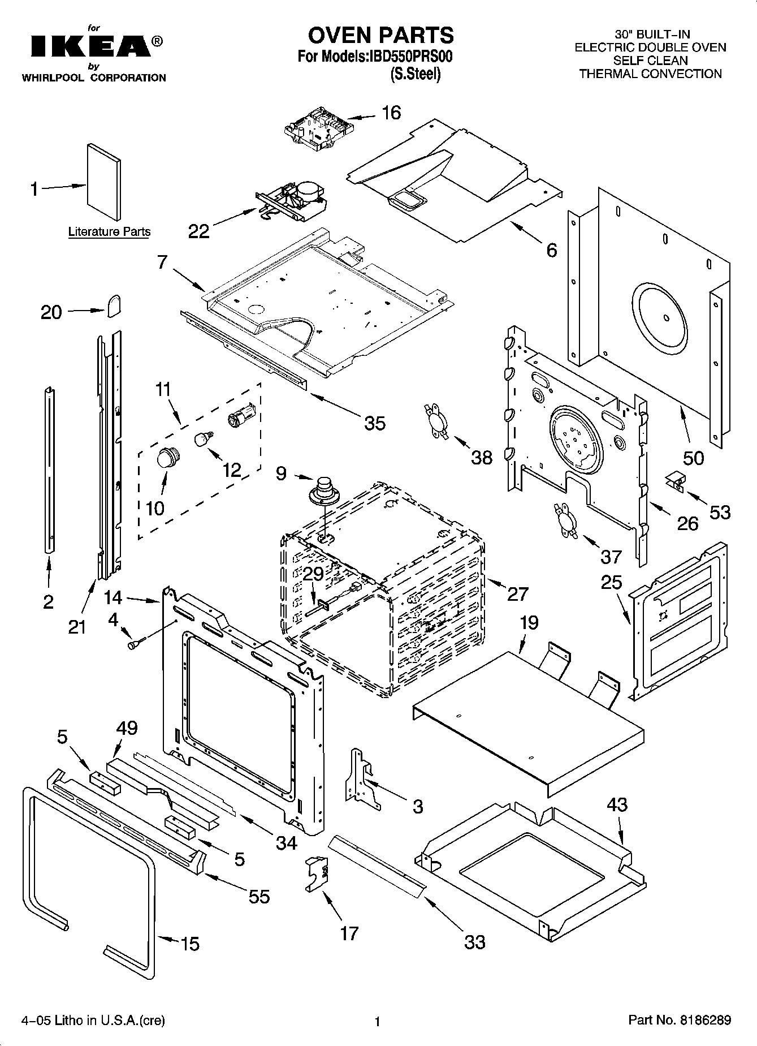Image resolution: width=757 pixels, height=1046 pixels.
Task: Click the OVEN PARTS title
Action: point(380,35)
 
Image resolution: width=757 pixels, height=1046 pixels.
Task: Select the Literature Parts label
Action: point(109,231)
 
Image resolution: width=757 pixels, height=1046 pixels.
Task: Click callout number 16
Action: point(391,113)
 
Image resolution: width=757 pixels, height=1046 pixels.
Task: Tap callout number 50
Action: point(693,457)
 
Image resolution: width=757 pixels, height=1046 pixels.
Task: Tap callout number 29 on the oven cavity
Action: point(313,574)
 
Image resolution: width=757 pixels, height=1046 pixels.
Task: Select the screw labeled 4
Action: point(136,643)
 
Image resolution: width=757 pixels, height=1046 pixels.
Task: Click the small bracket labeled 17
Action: point(318,874)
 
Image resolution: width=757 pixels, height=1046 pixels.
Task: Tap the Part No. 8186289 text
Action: point(680,1020)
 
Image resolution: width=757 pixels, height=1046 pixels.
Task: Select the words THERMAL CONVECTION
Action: point(650,74)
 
